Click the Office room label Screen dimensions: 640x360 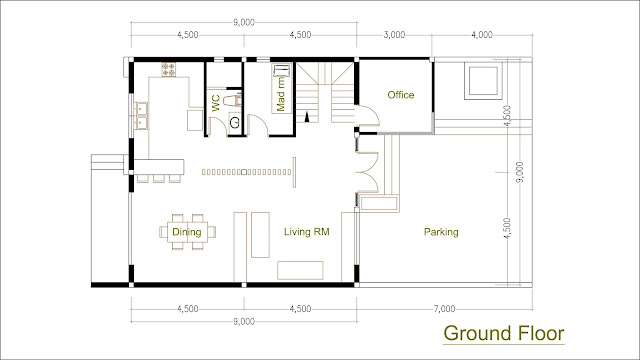pos(400,95)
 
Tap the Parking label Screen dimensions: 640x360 pos(441,232)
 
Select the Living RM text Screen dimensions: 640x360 pos(307,232)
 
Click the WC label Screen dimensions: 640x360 pos(216,103)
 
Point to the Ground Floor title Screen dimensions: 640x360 pos(504,333)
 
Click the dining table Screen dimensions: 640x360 pos(187,232)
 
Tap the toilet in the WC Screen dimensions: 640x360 pos(233,100)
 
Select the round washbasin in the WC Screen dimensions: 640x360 pos(236,122)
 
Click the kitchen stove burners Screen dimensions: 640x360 pos(168,70)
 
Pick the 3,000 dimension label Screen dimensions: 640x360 pos(394,35)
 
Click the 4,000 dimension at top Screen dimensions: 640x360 pos(482,35)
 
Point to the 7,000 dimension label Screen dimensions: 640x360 pos(444,309)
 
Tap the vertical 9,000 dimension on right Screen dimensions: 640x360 pos(519,172)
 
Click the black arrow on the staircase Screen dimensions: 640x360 pos(307,117)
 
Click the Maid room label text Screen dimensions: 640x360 pos(280,95)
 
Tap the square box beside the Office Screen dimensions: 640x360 pos(483,81)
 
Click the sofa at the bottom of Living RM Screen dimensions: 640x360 pos(300,271)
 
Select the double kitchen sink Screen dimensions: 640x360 pos(142,116)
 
